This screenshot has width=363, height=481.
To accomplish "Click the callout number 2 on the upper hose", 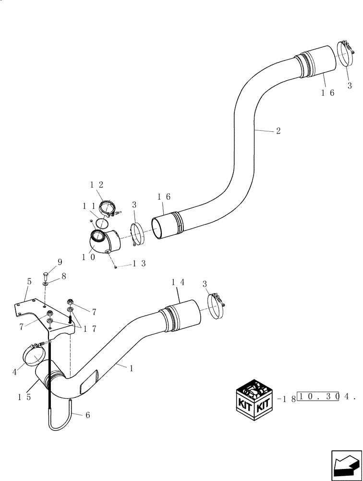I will [x=278, y=131].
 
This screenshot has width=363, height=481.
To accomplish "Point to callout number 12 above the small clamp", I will [x=97, y=185].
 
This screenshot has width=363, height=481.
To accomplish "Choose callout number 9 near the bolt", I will [x=60, y=262].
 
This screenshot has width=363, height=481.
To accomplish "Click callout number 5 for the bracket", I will [x=29, y=282].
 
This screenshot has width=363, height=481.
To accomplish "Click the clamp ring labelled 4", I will [x=35, y=356].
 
